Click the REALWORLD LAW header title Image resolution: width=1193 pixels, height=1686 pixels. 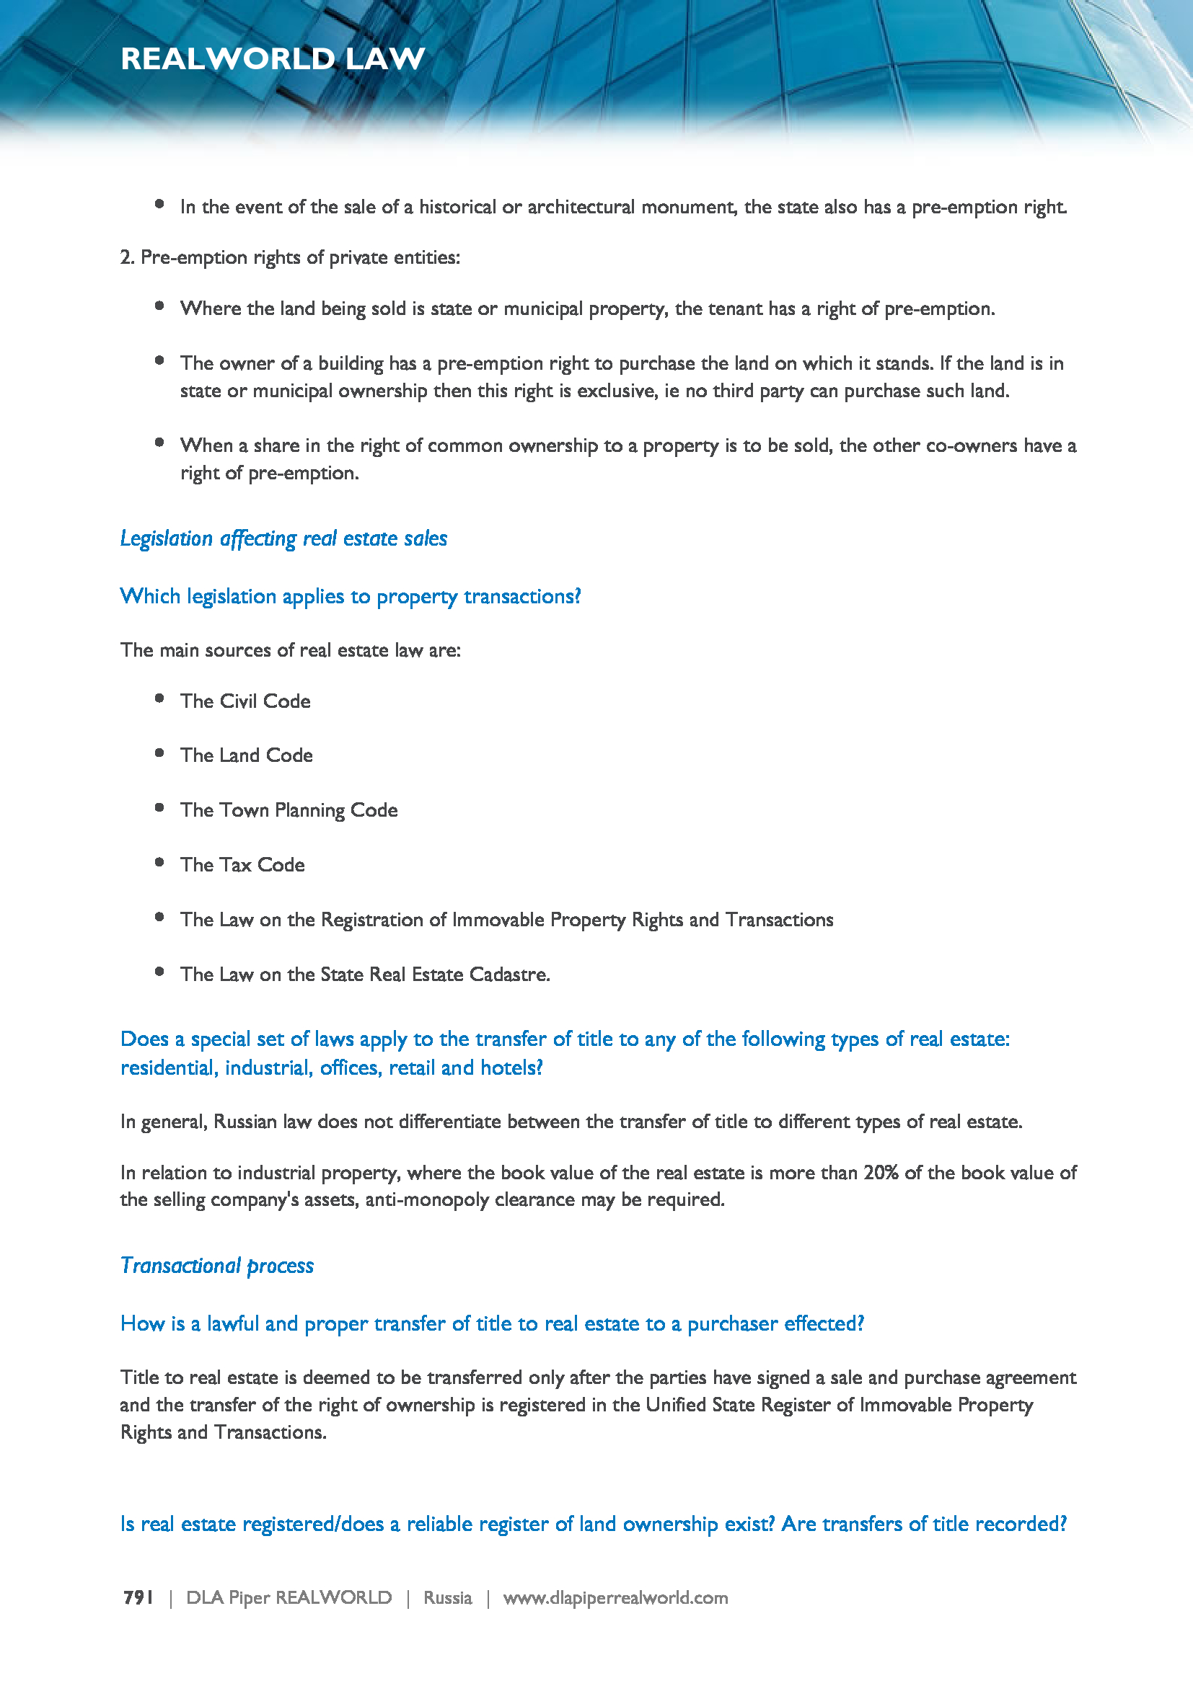[x=273, y=58]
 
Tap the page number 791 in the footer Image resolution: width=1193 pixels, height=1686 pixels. [x=137, y=1597]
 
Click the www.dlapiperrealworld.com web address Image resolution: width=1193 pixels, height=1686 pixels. [x=615, y=1597]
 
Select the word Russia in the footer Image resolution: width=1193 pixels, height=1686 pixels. [x=447, y=1597]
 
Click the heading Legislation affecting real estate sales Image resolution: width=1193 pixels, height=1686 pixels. [x=283, y=538]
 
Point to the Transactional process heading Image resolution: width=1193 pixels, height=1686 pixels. [x=216, y=1265]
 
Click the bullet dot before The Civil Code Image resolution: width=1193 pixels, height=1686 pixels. [x=159, y=698]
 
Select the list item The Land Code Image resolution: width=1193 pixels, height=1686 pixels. [x=246, y=755]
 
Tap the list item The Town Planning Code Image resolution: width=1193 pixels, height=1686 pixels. [x=289, y=810]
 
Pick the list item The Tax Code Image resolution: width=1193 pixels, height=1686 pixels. [x=242, y=864]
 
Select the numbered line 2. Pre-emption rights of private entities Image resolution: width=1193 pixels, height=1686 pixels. [x=290, y=257]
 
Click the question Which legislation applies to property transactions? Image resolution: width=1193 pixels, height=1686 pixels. [x=351, y=596]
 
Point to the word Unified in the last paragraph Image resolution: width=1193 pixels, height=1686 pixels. [x=673, y=1405]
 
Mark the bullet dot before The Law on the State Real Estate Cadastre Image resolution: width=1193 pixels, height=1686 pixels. [x=159, y=972]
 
